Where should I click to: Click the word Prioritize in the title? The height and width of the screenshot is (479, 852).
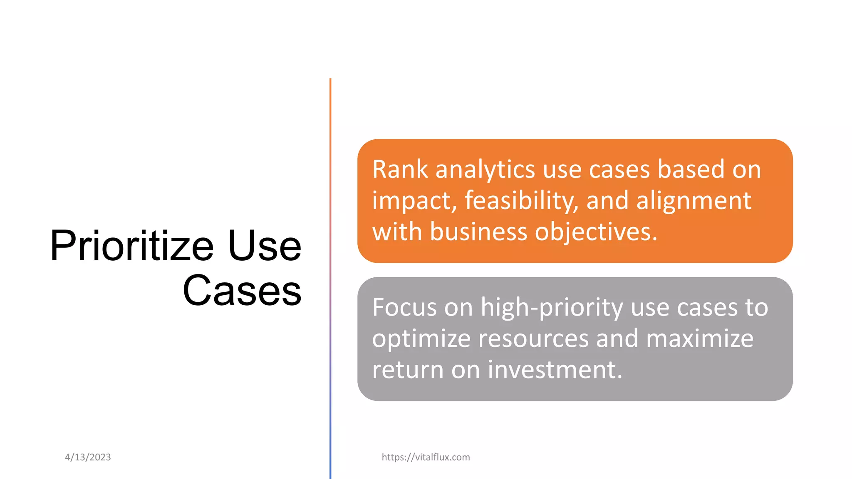pyautogui.click(x=131, y=246)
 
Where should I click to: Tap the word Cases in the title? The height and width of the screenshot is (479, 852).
pyautogui.click(x=242, y=291)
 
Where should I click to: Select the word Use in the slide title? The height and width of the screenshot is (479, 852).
pyautogui.click(x=265, y=246)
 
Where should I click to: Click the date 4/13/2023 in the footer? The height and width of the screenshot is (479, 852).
pyautogui.click(x=88, y=457)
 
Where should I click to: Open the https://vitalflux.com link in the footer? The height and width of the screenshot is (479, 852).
pyautogui.click(x=426, y=457)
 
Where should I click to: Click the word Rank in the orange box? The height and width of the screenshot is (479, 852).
pyautogui.click(x=400, y=170)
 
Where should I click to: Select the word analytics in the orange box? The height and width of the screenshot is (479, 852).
pyautogui.click(x=485, y=170)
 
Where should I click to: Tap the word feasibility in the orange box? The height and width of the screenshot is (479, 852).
pyautogui.click(x=521, y=201)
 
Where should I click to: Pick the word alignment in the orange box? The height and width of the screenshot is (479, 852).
pyautogui.click(x=693, y=201)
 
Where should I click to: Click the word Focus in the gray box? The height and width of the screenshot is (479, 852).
pyautogui.click(x=404, y=308)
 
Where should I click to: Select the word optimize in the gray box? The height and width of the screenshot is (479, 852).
pyautogui.click(x=421, y=339)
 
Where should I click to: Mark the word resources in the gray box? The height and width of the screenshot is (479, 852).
pyautogui.click(x=533, y=339)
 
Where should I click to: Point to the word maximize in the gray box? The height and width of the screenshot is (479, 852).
pyautogui.click(x=699, y=339)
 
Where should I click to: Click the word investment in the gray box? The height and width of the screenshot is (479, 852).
pyautogui.click(x=555, y=370)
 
